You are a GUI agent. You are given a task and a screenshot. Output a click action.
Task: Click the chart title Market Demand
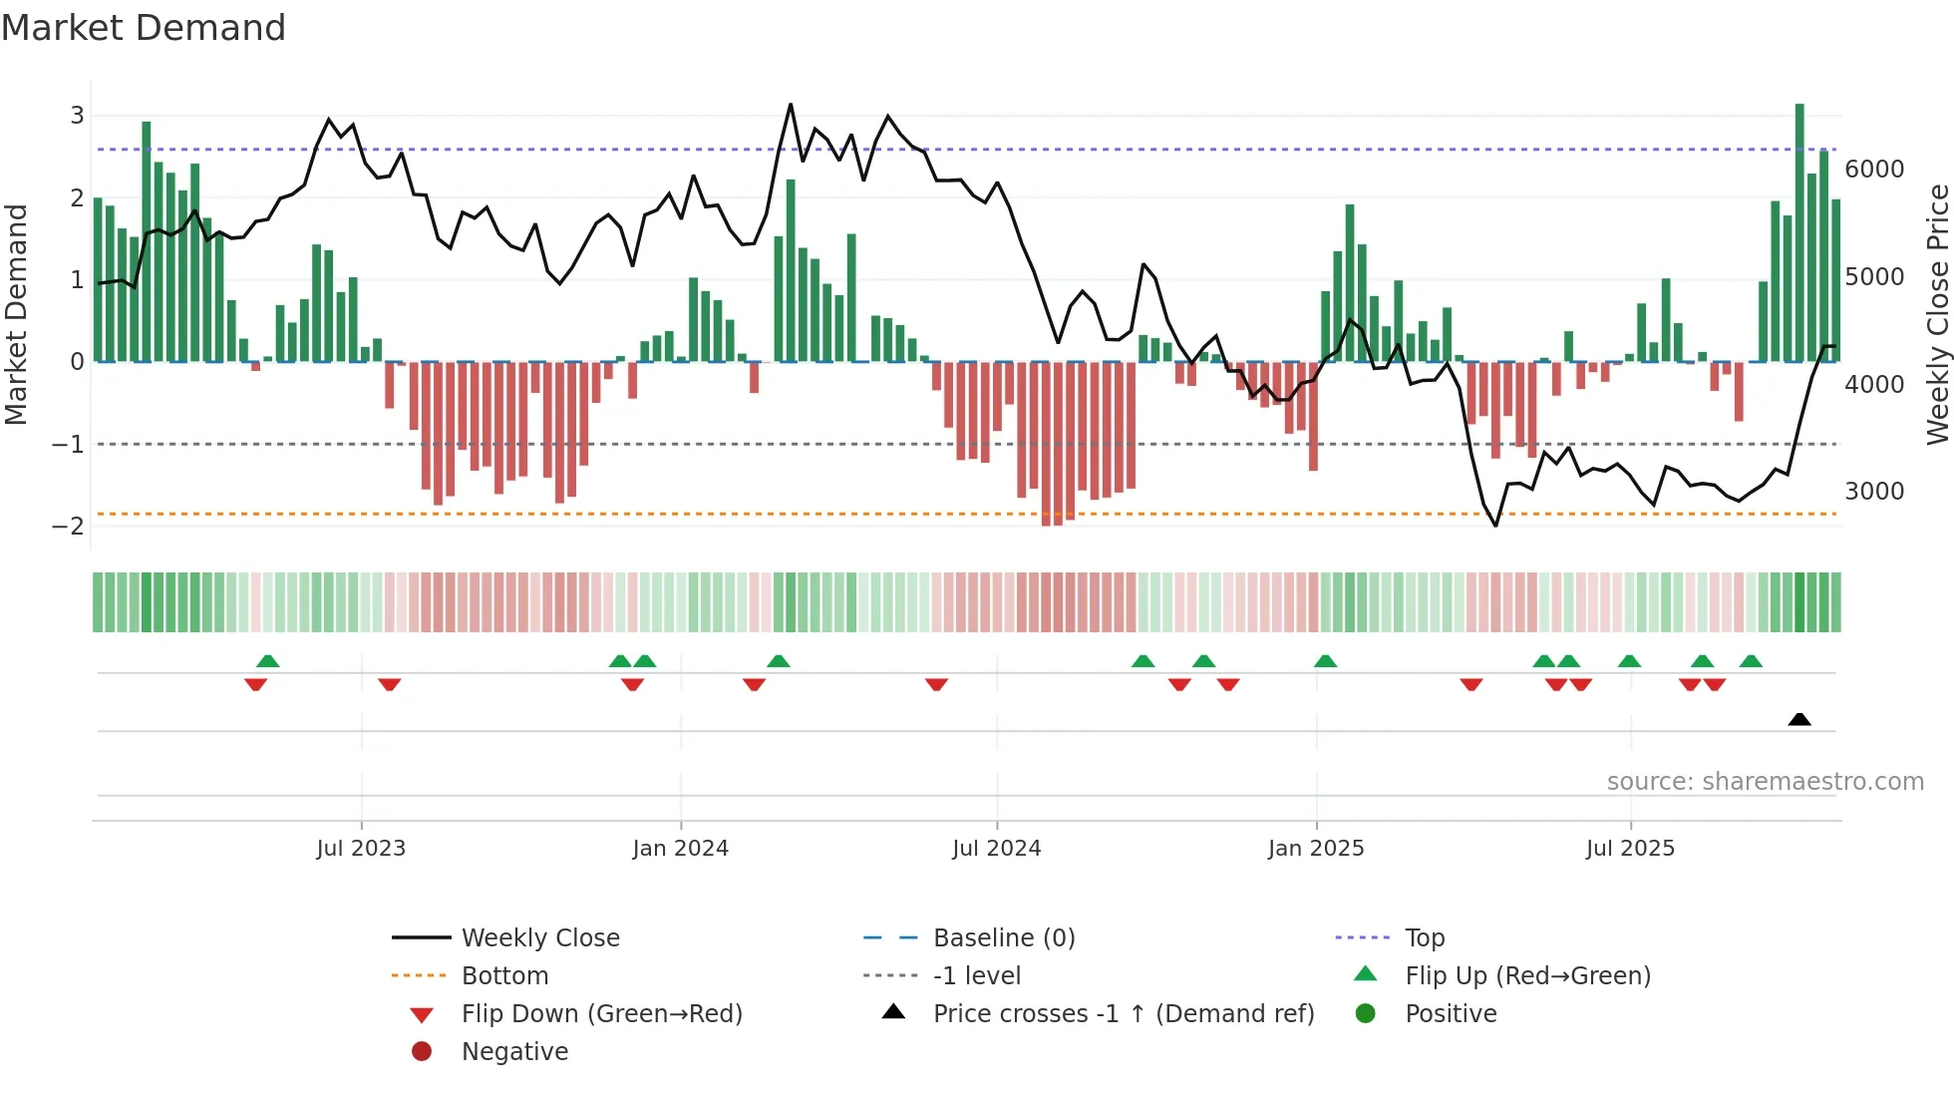click(144, 28)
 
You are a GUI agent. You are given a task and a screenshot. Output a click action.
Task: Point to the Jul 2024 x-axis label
click(996, 849)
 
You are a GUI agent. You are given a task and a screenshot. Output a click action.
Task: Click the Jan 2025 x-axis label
click(1315, 849)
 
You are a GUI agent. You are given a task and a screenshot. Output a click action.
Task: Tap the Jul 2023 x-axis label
click(361, 849)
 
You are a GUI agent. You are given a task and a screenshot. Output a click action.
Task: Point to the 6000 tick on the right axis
click(1873, 170)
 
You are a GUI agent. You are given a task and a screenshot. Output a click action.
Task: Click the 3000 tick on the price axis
click(1873, 492)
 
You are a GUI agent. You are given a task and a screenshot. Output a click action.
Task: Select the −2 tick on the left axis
click(69, 527)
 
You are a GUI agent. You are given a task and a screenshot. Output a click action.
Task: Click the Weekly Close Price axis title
click(1937, 314)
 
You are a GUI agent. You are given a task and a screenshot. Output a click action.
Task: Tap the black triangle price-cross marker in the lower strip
click(1799, 720)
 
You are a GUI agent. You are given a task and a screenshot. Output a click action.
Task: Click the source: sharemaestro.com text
click(1765, 782)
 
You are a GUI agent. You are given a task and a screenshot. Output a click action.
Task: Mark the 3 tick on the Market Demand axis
click(77, 116)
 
